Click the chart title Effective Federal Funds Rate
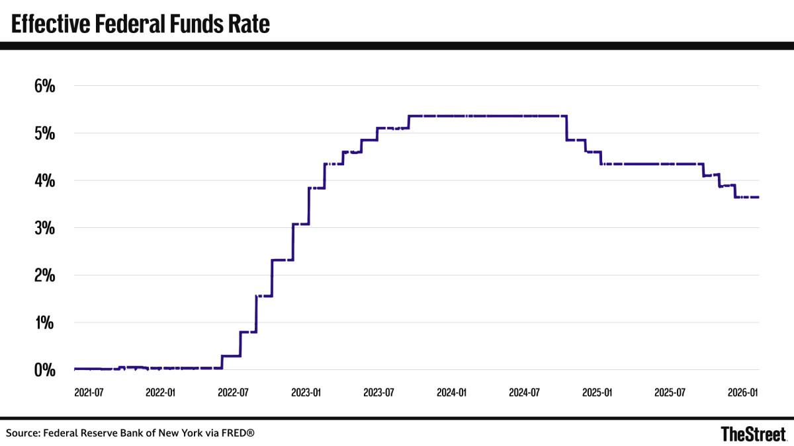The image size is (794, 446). tap(140, 24)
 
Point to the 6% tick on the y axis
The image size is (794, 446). tap(44, 86)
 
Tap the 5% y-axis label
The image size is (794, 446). tap(44, 133)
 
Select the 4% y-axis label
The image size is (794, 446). tap(44, 180)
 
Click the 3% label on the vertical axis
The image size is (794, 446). tap(44, 228)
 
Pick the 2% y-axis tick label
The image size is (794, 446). tap(44, 275)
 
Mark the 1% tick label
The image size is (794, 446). tap(44, 322)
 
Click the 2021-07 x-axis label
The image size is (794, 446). tap(89, 392)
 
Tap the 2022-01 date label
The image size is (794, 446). tap(161, 392)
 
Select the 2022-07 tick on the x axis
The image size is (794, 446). tap(233, 392)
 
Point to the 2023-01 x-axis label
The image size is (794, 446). tap(306, 392)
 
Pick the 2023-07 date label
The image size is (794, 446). tap(378, 392)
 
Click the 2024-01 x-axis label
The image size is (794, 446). tap(451, 392)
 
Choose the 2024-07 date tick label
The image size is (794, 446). tap(523, 392)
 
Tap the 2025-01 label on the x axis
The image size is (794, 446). tap(596, 392)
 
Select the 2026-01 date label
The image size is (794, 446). tap(742, 392)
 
